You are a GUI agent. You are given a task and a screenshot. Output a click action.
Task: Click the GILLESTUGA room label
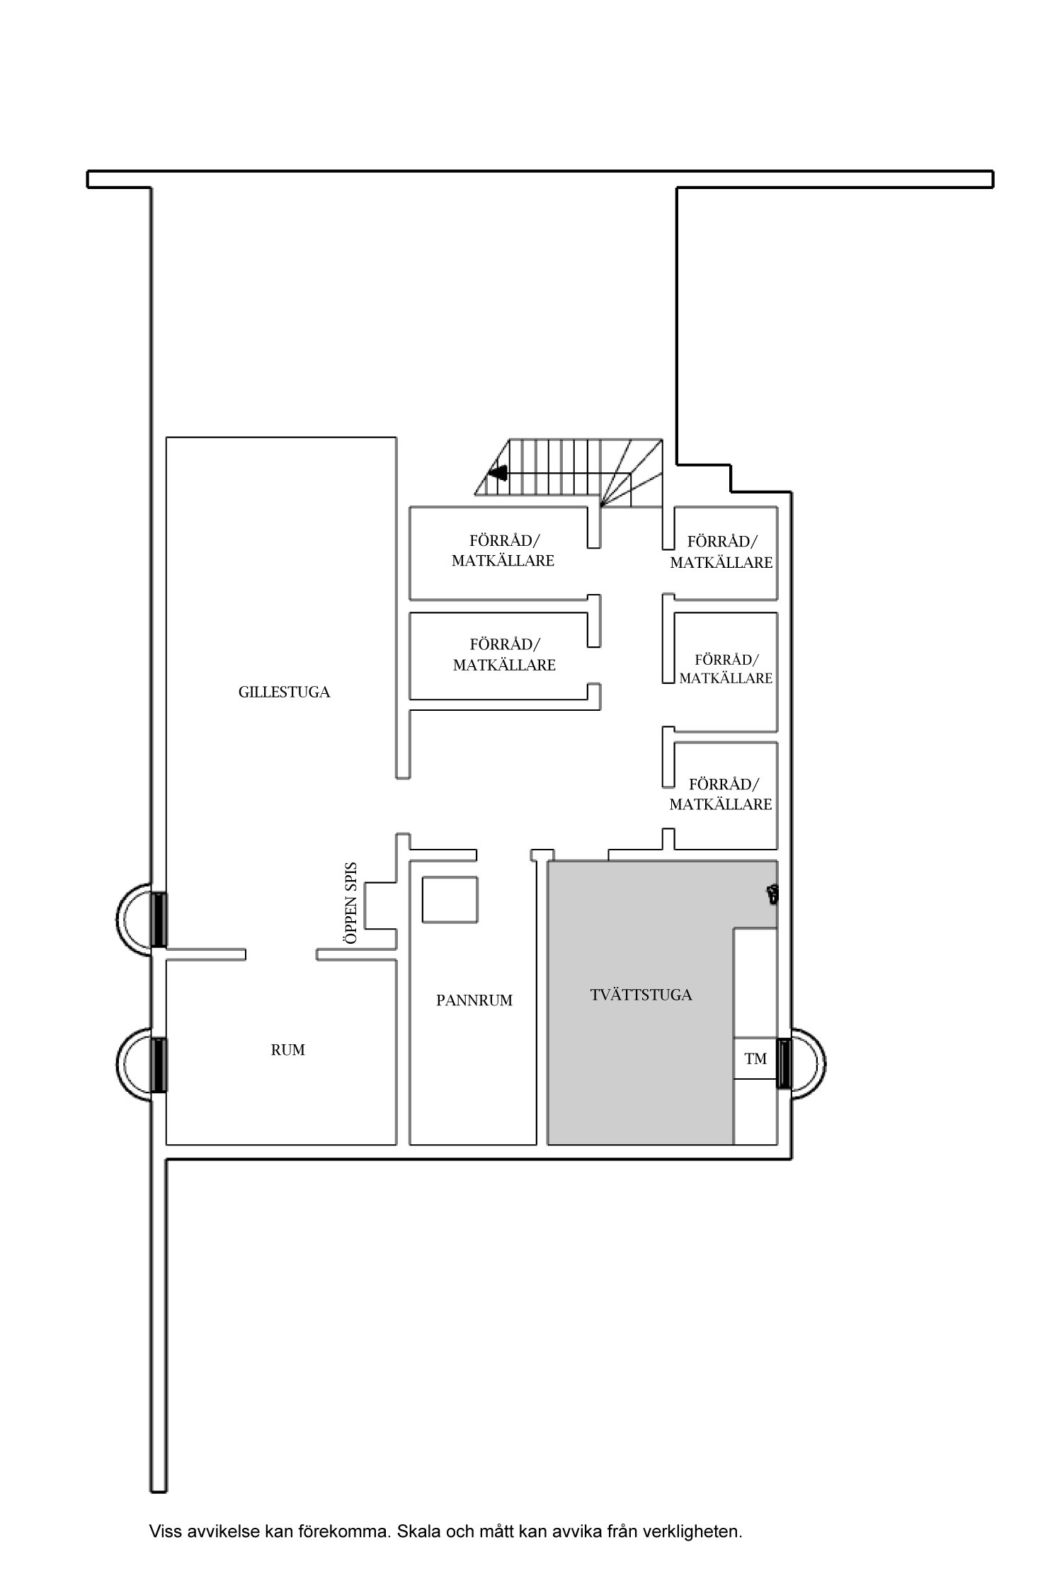(x=284, y=692)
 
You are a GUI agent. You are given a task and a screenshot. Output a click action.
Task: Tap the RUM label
(x=287, y=1050)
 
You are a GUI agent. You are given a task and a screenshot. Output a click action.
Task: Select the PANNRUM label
(x=474, y=1000)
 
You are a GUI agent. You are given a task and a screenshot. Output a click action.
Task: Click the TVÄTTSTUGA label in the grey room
(x=641, y=995)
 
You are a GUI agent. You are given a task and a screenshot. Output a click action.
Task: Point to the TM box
(x=755, y=1058)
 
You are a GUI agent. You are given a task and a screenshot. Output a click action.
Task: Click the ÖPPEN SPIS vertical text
(x=349, y=903)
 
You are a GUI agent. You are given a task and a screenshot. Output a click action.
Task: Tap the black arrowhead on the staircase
(x=498, y=472)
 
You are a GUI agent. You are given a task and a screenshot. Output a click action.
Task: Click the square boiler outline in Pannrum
(x=450, y=899)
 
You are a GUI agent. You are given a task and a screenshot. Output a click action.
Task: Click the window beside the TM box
(x=783, y=1063)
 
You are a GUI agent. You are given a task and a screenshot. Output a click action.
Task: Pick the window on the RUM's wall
(x=159, y=1064)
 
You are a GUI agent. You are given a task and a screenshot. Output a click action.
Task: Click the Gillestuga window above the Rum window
(x=159, y=920)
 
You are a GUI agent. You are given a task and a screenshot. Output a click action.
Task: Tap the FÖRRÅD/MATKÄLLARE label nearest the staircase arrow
(x=503, y=551)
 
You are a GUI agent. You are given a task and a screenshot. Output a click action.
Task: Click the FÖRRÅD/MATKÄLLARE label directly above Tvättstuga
(x=721, y=794)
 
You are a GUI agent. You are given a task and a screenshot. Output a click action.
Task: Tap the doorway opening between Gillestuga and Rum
(x=280, y=955)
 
